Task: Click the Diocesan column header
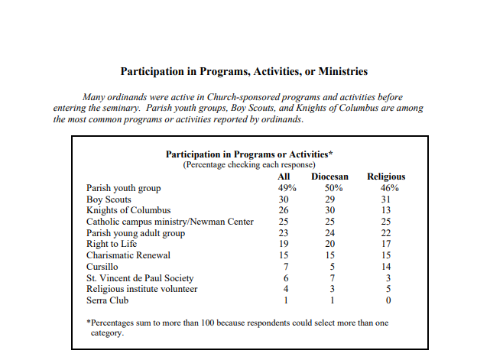coord(330,177)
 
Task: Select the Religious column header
coord(386,177)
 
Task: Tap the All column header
coord(284,177)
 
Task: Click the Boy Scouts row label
coord(109,199)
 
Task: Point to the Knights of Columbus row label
coord(128,210)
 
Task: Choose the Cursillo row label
coord(103,266)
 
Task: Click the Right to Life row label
coord(113,244)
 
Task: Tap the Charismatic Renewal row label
coord(128,255)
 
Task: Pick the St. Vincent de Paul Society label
coord(140,277)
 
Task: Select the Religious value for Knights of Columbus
coord(386,210)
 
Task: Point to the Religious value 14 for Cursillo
coord(386,266)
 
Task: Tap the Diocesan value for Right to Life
coord(330,244)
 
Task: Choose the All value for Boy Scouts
coord(284,199)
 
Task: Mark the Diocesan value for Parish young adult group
coord(330,232)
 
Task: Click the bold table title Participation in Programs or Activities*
coord(244,154)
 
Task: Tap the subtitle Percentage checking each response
coord(244,164)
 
